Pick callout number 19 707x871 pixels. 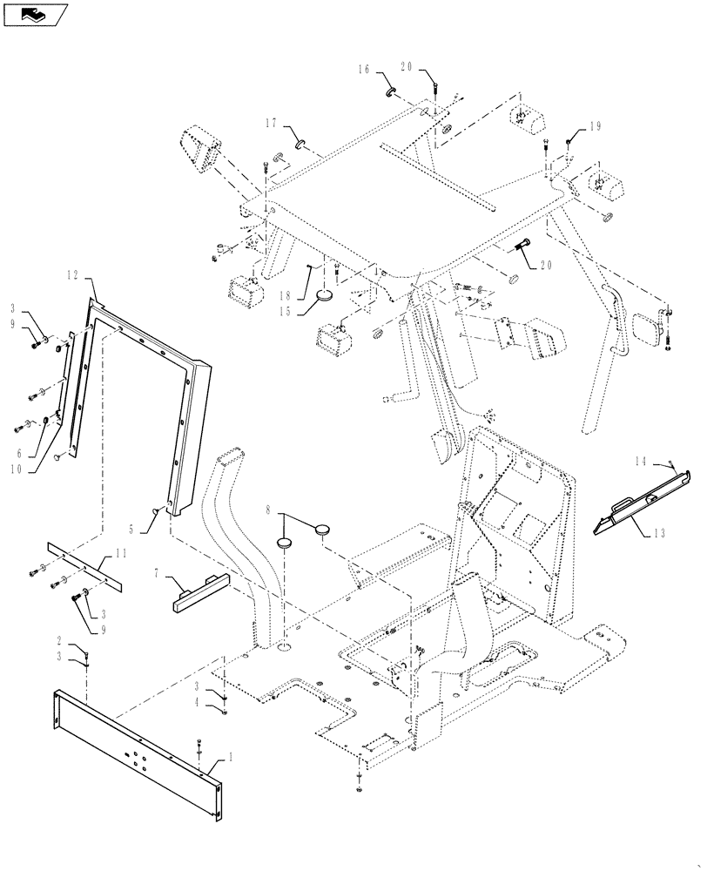(596, 127)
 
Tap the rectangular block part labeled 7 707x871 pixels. (193, 590)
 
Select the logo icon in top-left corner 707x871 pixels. (36, 14)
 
